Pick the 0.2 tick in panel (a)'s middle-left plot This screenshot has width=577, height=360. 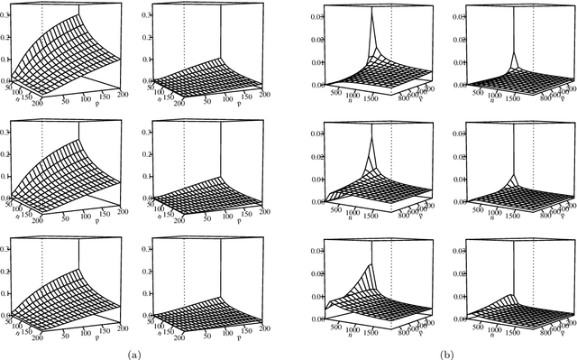pos(5,153)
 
